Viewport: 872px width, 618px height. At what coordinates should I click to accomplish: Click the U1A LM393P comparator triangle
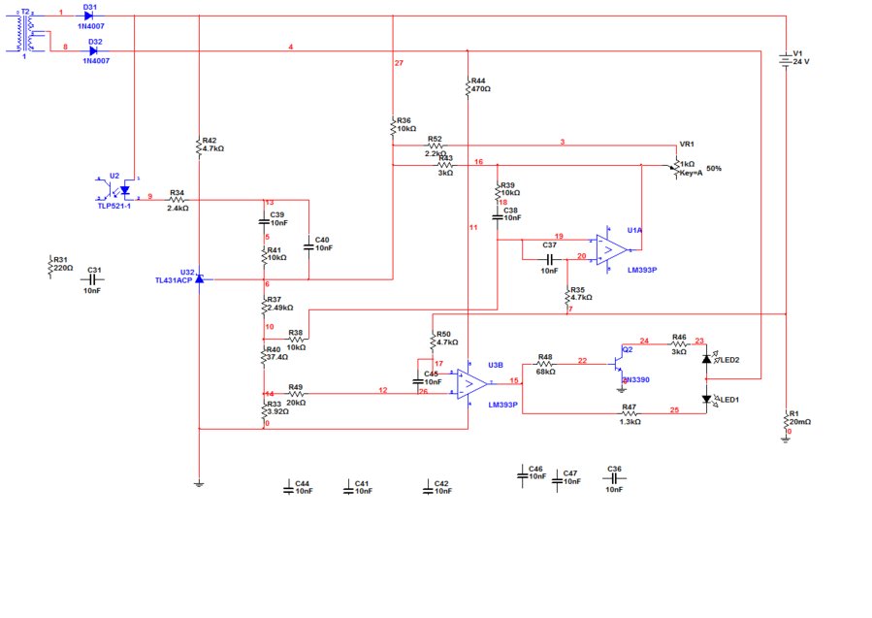pos(609,249)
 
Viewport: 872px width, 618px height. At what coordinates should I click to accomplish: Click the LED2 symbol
pos(708,359)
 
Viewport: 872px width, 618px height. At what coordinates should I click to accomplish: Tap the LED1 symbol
pos(708,399)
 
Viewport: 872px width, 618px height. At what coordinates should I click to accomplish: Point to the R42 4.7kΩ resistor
pos(198,146)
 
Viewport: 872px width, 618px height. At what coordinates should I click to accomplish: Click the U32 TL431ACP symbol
pos(198,278)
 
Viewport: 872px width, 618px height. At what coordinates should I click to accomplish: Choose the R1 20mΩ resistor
pos(787,420)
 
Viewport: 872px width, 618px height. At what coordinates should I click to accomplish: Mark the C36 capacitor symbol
pos(613,478)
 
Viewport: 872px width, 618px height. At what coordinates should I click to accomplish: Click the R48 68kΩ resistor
pos(544,365)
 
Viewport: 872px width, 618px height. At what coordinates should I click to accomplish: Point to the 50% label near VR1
pos(714,169)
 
